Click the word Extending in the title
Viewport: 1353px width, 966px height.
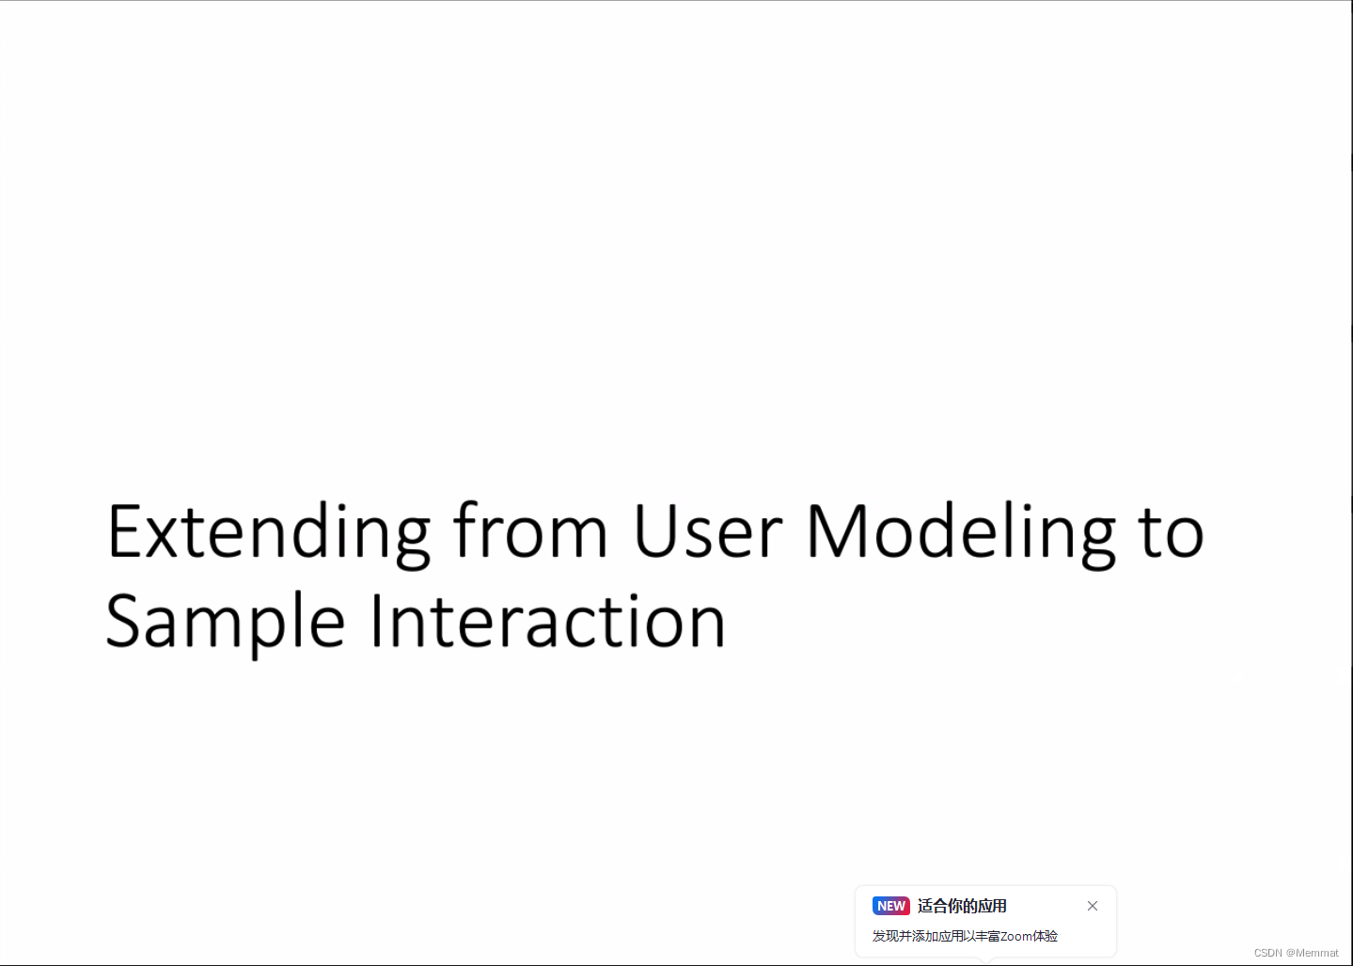point(268,533)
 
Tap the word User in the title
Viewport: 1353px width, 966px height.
point(708,531)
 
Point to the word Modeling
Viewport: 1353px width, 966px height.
point(960,533)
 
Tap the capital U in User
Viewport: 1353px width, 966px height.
point(656,531)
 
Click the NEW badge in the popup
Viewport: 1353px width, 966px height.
point(890,906)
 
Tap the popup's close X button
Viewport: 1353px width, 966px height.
point(1093,906)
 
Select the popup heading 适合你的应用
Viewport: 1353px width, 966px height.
point(962,906)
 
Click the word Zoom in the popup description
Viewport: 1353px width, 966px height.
point(1015,936)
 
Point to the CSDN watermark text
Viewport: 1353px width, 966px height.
point(1267,953)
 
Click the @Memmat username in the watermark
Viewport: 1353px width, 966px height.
point(1313,953)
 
